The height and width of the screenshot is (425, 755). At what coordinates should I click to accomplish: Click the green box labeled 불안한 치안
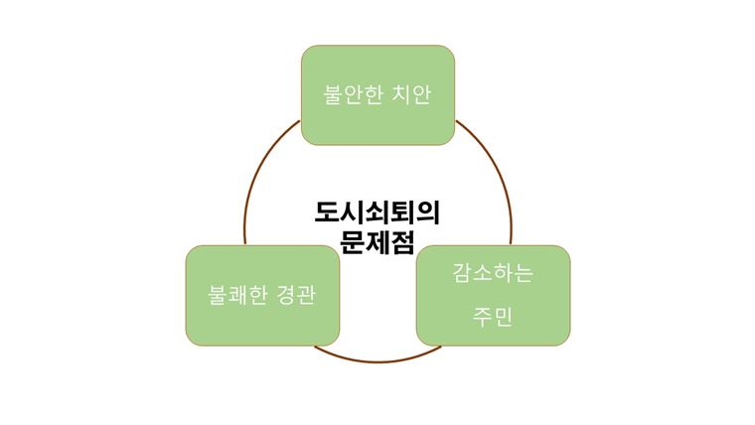[377, 95]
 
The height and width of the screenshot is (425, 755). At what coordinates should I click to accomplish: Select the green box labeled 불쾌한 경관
[261, 295]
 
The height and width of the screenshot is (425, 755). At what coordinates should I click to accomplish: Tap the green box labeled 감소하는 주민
[493, 295]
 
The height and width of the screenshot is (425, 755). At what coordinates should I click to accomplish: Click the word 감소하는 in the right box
[493, 273]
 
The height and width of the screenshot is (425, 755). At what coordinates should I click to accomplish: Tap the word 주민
[493, 320]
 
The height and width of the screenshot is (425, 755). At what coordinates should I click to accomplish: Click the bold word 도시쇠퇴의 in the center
[377, 212]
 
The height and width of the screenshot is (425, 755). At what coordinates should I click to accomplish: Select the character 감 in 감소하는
[462, 273]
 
